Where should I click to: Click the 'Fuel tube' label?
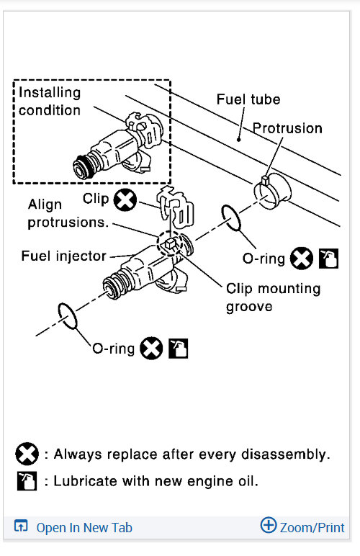[x=248, y=99]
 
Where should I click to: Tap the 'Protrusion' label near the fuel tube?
[x=287, y=128]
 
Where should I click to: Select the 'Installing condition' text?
[x=50, y=102]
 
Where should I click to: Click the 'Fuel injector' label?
[x=64, y=256]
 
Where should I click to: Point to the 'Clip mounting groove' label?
[x=273, y=297]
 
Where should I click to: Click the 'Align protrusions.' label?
[x=68, y=213]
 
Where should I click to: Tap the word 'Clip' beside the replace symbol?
[x=95, y=199]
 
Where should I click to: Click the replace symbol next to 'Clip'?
[x=125, y=200]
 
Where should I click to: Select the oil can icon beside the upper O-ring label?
[x=329, y=258]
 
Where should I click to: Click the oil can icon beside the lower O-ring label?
[x=179, y=349]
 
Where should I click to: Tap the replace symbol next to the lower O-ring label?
[x=151, y=348]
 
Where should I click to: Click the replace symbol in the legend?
[x=27, y=454]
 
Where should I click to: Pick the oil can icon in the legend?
[x=27, y=481]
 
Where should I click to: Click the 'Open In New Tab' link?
[x=84, y=528]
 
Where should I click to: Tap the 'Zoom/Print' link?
[x=312, y=528]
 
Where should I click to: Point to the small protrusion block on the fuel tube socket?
[x=266, y=180]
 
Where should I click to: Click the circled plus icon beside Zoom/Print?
[x=269, y=525]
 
